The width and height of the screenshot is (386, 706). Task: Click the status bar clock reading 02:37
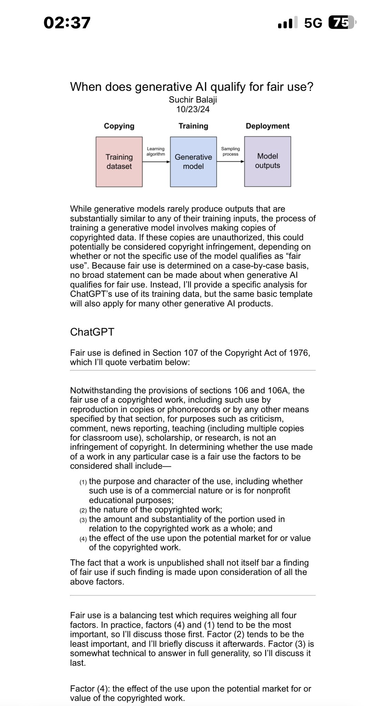(67, 23)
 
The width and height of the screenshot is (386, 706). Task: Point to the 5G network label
(313, 23)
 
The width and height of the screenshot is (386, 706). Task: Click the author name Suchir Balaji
(193, 100)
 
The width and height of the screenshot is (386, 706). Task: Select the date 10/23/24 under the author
(193, 110)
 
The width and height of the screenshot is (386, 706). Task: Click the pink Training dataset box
(119, 162)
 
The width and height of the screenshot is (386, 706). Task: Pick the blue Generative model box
(193, 162)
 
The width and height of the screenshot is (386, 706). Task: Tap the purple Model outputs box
(267, 161)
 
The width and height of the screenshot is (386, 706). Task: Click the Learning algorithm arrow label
(156, 151)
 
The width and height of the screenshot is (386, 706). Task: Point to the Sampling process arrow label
(230, 151)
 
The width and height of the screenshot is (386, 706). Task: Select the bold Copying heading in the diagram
(119, 126)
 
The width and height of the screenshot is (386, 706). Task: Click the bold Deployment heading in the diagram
(267, 126)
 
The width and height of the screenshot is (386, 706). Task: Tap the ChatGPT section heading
(92, 332)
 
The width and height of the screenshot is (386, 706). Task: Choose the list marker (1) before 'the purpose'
(83, 482)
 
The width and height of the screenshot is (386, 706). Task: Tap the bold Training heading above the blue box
(193, 126)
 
